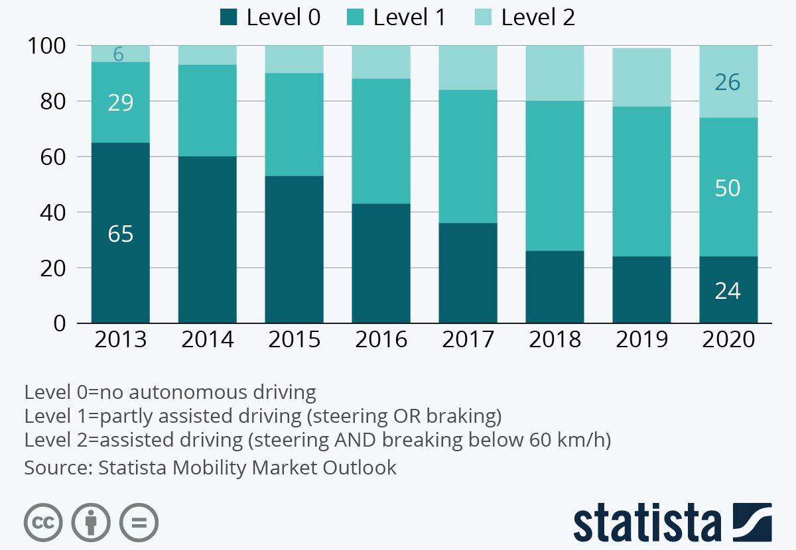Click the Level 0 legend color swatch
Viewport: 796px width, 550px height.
click(x=229, y=17)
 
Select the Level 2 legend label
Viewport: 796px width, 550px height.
click(x=537, y=17)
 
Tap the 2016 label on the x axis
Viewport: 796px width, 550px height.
click(x=381, y=339)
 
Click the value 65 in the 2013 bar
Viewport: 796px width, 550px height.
click(x=120, y=234)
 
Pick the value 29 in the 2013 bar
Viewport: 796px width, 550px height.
click(x=120, y=103)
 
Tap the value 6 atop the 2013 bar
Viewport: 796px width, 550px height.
click(x=118, y=54)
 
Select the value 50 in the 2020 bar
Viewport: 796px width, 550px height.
click(x=728, y=188)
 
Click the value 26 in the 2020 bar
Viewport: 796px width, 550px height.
click(x=728, y=82)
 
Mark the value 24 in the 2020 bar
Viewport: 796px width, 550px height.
click(x=728, y=291)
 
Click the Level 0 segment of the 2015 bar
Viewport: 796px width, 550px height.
click(x=294, y=249)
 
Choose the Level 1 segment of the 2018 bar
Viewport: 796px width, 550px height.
click(x=555, y=176)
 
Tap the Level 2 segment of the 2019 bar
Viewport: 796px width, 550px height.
click(x=641, y=77)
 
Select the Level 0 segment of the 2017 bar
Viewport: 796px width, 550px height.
click(x=468, y=273)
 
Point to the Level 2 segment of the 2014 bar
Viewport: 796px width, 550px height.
click(x=207, y=55)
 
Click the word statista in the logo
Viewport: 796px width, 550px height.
click(x=647, y=523)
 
